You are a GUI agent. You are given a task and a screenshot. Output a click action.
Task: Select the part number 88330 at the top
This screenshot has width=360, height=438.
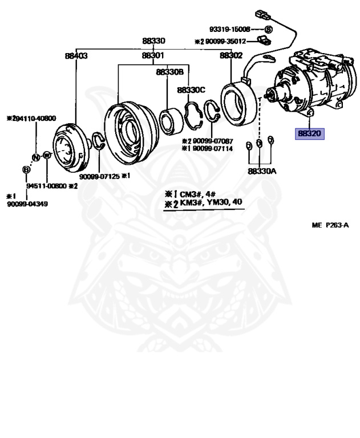(153, 41)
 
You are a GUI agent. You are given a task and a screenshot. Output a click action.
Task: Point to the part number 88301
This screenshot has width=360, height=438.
(153, 56)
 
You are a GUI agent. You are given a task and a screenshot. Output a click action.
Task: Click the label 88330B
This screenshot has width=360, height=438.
(169, 72)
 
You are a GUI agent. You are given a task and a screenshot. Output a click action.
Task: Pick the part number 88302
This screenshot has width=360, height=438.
(232, 56)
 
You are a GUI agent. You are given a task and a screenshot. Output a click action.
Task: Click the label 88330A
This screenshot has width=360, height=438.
(262, 171)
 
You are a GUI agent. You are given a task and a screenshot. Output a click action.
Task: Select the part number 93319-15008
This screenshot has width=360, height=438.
(230, 29)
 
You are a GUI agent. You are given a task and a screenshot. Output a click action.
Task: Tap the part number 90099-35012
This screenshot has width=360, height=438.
(224, 41)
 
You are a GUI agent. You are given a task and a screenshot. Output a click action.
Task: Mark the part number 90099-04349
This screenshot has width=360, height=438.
(27, 204)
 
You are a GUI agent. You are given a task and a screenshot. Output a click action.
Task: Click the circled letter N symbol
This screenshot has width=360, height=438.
(35, 157)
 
